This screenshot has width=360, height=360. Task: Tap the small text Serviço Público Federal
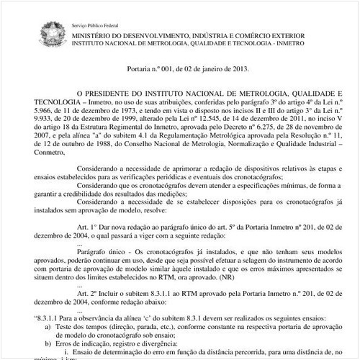click(99, 25)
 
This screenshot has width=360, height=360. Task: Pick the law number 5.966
click(41, 113)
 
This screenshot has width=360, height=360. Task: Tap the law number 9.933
click(41, 122)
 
